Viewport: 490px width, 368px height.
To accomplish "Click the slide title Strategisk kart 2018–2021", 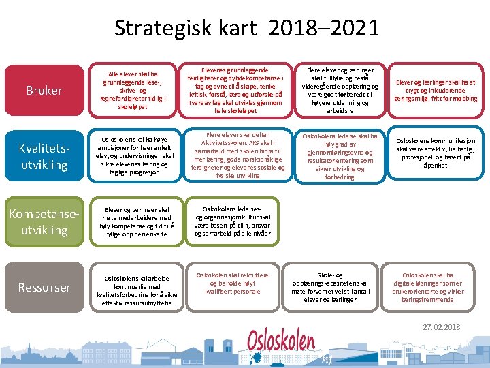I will (x=246, y=28).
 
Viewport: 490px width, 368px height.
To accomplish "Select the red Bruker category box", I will (x=44, y=91).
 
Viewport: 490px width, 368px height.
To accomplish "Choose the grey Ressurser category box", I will (x=44, y=288).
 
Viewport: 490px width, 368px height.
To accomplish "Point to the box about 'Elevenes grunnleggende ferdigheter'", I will (x=231, y=90).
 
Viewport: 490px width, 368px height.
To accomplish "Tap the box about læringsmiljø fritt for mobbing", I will (x=435, y=90).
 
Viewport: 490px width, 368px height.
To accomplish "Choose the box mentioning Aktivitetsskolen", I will (x=231, y=155).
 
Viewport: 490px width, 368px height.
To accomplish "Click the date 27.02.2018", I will (x=441, y=327).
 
